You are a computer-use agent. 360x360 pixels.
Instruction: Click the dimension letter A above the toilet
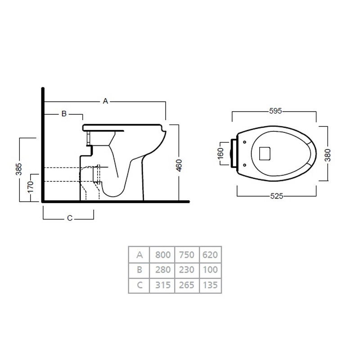pyautogui.click(x=105, y=101)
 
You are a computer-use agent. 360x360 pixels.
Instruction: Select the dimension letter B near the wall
pyautogui.click(x=64, y=113)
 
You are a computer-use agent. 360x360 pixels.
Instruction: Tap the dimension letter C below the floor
pyautogui.click(x=70, y=218)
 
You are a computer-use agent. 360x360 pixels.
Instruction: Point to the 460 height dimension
pyautogui.click(x=179, y=165)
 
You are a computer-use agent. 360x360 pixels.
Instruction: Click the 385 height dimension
pyautogui.click(x=19, y=169)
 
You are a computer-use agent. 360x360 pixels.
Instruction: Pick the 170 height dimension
pyautogui.click(x=30, y=188)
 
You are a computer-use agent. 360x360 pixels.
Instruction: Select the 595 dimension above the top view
pyautogui.click(x=275, y=111)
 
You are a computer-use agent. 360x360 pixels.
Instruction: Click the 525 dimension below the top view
pyautogui.click(x=277, y=196)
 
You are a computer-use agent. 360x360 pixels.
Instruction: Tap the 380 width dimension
pyautogui.click(x=328, y=155)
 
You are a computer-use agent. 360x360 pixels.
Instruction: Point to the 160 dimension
pyautogui.click(x=220, y=153)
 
